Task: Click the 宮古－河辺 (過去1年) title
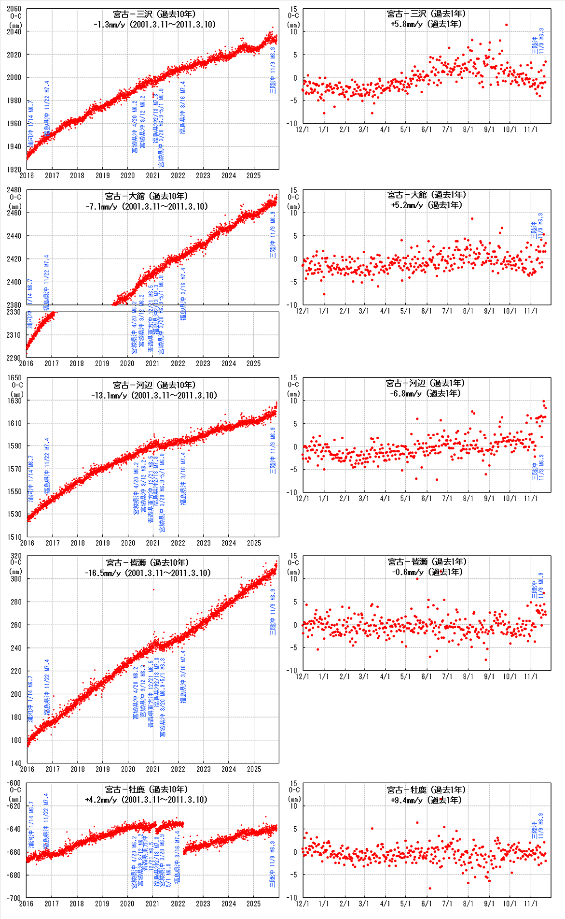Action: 426,383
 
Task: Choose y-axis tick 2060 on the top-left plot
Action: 14,9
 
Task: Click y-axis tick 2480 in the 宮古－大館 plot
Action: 14,190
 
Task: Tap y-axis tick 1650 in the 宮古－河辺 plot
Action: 14,378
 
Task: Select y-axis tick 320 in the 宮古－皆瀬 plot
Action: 16,556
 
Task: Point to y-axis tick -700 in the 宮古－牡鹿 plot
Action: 14,898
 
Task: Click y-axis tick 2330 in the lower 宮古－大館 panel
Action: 14,312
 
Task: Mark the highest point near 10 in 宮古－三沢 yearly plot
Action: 506,25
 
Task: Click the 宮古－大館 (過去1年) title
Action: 427,195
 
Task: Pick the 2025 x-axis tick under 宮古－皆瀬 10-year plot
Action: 254,769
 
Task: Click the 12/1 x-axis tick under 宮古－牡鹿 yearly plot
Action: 303,904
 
